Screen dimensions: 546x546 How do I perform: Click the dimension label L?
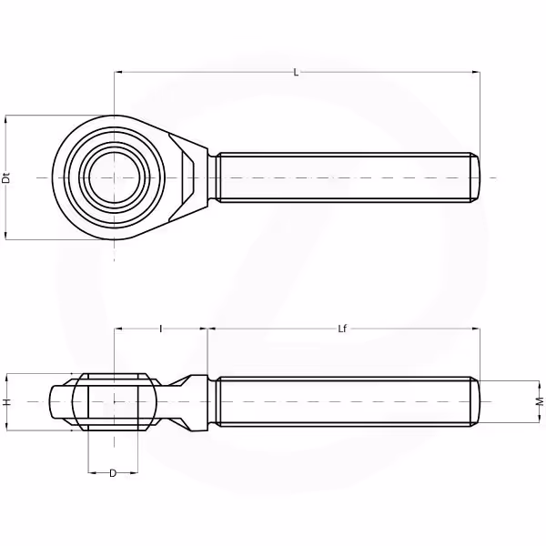pos(296,73)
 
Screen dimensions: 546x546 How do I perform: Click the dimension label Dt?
pos(6,177)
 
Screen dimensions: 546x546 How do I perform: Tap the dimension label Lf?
pos(342,329)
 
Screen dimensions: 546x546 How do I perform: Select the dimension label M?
pos(540,401)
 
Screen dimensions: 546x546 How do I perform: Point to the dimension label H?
pos(6,402)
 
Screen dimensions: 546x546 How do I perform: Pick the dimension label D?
pos(113,473)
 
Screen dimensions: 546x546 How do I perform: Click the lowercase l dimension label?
pos(160,329)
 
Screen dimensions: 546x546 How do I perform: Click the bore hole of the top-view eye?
pos(114,178)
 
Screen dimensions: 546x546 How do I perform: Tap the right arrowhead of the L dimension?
pos(476,73)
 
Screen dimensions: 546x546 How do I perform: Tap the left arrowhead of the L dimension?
pos(118,73)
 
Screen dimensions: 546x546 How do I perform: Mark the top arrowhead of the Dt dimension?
pos(5,120)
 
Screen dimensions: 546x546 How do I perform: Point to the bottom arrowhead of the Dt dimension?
pos(5,236)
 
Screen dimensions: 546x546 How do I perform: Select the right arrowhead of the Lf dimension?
pos(476,329)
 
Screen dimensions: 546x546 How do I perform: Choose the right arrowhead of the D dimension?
pos(134,472)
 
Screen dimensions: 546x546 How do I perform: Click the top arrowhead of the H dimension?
pos(6,378)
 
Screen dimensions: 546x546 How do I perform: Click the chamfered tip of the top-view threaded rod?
pos(475,177)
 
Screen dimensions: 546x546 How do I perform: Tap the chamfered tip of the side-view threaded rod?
pos(475,401)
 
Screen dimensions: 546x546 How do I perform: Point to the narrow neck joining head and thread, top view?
pos(212,177)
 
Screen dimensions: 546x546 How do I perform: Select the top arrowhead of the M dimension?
pos(539,385)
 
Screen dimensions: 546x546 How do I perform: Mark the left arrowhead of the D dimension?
pos(92,472)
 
